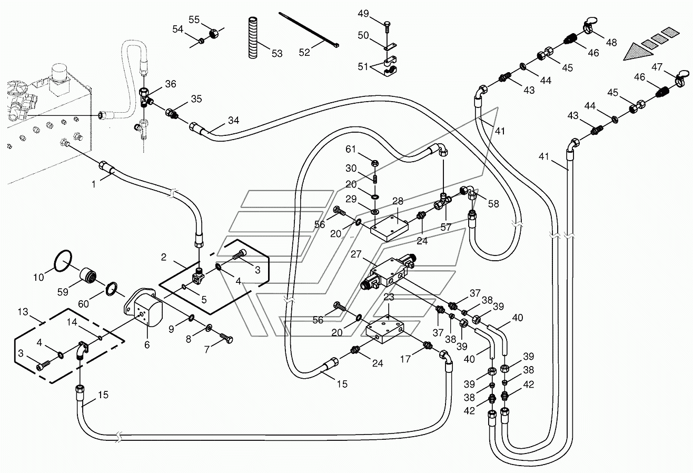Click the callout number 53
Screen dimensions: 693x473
277,54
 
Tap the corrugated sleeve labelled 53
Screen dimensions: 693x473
253,38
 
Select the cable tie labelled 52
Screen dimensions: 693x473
309,30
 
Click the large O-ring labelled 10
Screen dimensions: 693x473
63,261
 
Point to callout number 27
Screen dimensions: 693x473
356,254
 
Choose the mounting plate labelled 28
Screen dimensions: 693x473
389,228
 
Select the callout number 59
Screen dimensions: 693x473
63,292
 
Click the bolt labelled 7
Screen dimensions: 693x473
226,338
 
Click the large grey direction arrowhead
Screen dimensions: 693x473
638,52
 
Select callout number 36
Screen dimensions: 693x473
171,84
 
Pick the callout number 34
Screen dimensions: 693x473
234,120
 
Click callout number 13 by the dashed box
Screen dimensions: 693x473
23,311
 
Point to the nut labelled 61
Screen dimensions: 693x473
374,162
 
